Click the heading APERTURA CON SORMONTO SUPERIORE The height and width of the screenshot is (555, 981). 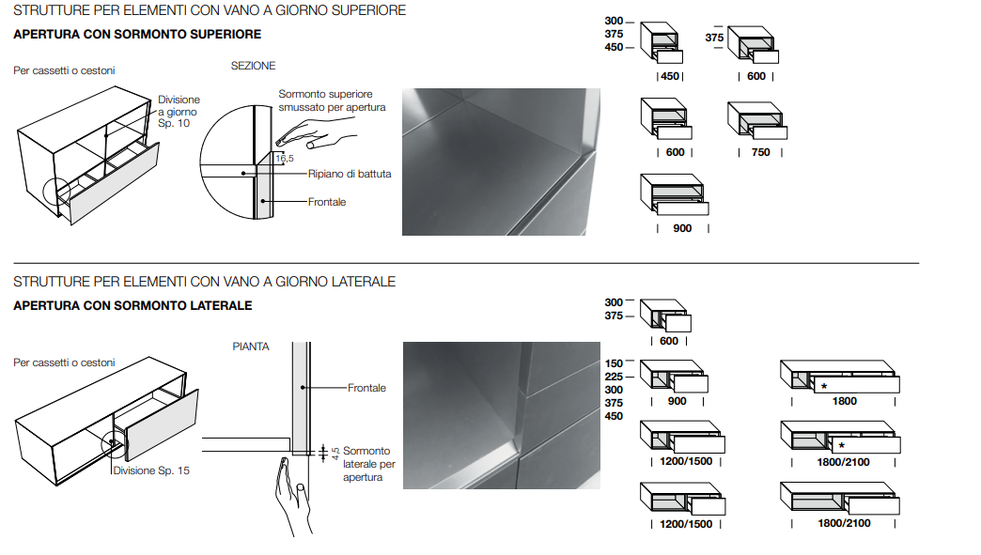point(137,35)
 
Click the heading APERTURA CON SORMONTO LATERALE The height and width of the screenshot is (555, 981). point(132,306)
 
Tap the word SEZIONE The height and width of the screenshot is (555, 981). point(254,66)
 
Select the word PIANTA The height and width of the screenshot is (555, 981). point(251,347)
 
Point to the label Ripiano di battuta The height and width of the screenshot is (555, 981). point(350,174)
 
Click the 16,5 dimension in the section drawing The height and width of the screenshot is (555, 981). point(284,158)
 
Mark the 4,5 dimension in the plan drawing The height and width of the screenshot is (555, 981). point(335,453)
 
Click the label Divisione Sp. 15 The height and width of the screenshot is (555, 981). point(151,470)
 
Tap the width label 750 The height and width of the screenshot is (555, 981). point(760,152)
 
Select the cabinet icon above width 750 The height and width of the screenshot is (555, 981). point(756,120)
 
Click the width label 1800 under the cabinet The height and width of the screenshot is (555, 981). point(844,401)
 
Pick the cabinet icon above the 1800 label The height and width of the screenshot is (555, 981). point(840,377)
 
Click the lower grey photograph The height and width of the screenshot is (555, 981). point(501,414)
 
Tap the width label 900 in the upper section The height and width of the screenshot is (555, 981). point(683,228)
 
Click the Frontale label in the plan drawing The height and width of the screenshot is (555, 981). point(366,388)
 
